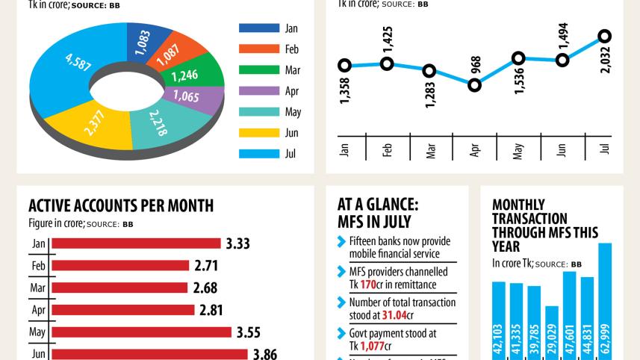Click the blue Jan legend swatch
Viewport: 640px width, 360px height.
point(258,28)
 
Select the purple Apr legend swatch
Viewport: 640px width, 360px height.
point(258,91)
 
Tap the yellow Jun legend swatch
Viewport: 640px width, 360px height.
point(258,133)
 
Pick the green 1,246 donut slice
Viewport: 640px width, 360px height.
point(196,75)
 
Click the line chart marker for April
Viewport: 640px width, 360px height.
point(474,85)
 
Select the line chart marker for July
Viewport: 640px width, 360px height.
point(605,36)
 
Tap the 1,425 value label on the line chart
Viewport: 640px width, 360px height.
point(388,39)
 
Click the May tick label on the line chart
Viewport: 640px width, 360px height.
point(518,149)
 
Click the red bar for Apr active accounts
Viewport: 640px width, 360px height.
point(122,310)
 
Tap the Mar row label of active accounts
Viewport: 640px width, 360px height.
point(38,288)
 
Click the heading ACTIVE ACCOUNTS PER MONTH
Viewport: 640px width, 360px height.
point(121,205)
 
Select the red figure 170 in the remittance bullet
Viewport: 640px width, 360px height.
point(368,285)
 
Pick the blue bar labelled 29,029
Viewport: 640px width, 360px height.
point(552,332)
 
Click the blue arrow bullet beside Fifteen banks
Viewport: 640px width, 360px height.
point(342,241)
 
